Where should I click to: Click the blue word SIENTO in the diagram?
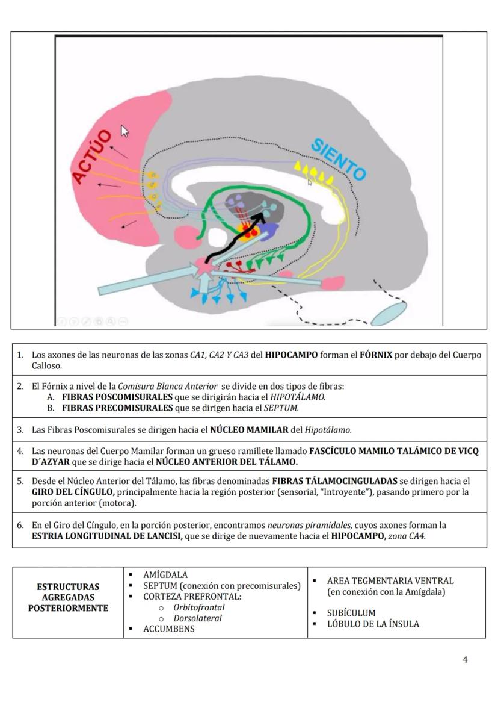pos(338,159)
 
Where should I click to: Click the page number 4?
pos(465,659)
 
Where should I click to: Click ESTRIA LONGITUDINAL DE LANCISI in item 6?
pos(107,536)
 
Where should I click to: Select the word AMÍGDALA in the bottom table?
pos(165,575)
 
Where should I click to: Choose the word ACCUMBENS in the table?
pos(169,629)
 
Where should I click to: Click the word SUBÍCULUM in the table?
pos(351,613)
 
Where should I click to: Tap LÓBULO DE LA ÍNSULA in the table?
pos(373,624)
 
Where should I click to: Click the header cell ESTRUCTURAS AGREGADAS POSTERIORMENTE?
pos(68,597)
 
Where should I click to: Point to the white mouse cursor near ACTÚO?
pos(125,131)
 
